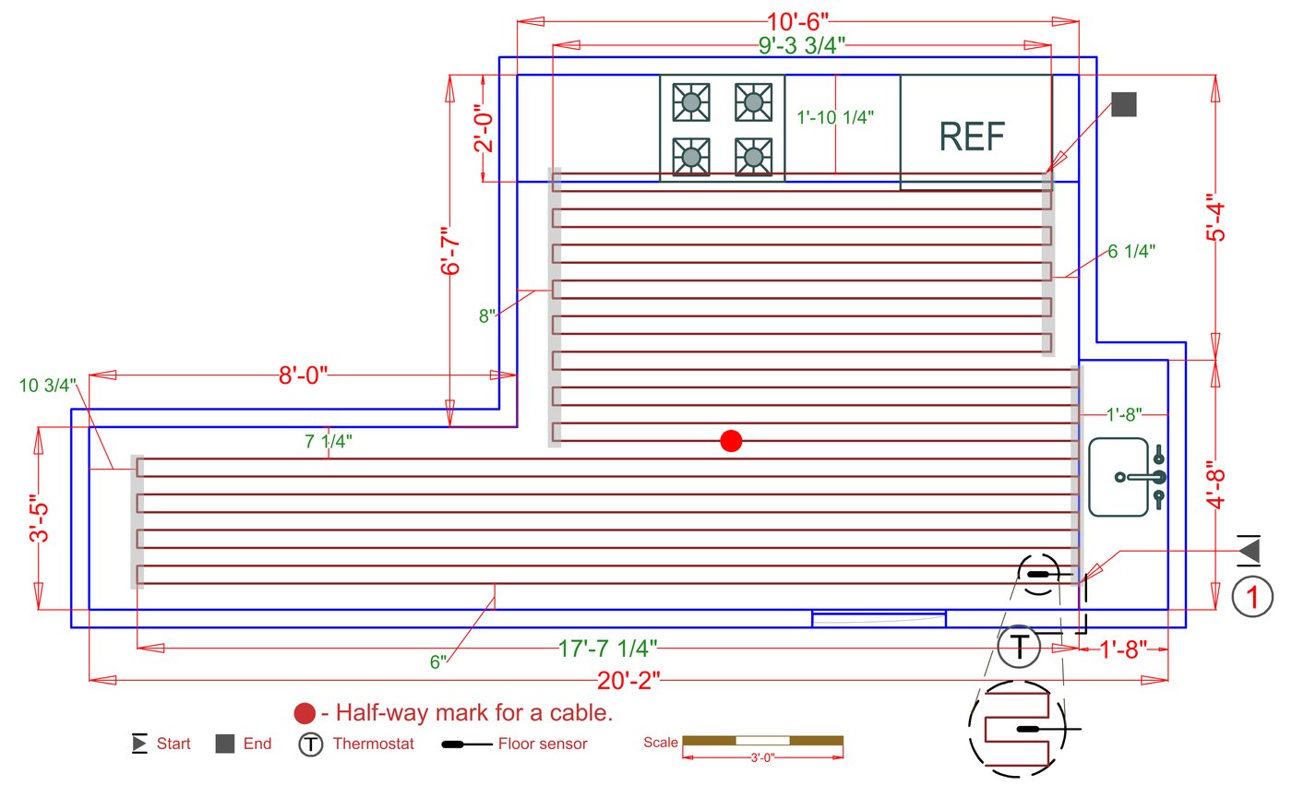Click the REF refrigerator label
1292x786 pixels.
point(972,137)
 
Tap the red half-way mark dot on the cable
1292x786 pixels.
point(731,441)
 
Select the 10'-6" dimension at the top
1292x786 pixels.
point(797,19)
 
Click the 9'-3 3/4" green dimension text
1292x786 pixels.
point(793,45)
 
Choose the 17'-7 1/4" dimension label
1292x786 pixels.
point(606,649)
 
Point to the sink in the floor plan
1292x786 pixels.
point(1126,477)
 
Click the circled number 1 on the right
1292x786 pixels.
point(1252,597)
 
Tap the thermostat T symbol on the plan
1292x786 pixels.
point(1019,647)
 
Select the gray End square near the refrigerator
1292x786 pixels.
point(1123,104)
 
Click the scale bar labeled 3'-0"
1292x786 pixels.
point(762,741)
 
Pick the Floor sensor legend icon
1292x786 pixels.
point(465,744)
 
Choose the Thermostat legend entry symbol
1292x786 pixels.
point(311,744)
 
